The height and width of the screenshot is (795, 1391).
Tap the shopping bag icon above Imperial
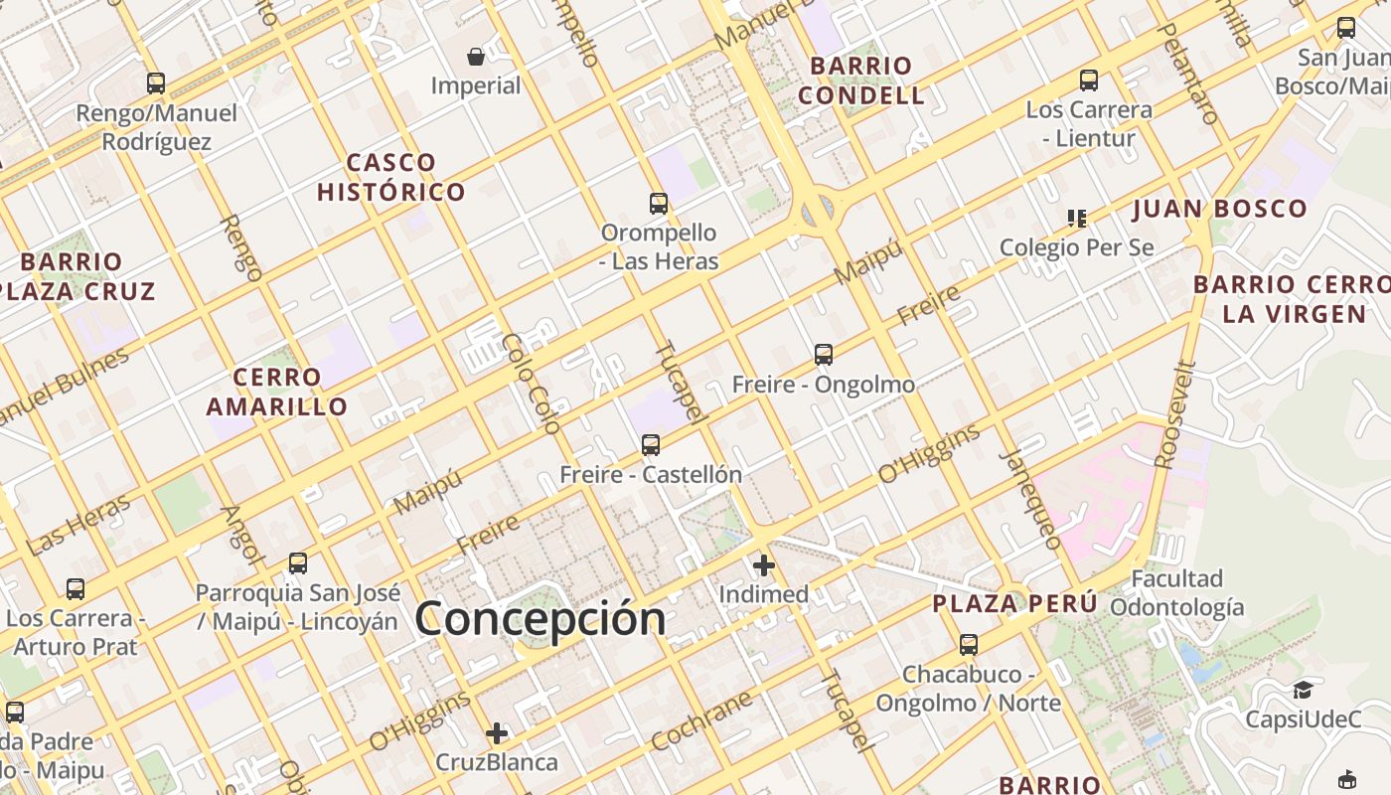(476, 57)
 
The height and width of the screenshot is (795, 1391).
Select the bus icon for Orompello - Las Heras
(658, 204)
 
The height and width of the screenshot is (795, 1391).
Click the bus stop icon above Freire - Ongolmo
(823, 354)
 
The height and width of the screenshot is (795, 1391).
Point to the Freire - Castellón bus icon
(651, 445)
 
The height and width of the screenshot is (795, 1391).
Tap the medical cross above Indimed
(763, 565)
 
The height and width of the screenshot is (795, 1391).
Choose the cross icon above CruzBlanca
(497, 733)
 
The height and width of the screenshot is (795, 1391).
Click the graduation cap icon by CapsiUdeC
(1302, 690)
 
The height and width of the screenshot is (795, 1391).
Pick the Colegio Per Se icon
(1076, 218)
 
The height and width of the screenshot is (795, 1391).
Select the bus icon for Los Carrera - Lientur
(1089, 80)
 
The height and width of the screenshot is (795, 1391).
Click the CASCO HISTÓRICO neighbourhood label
(391, 177)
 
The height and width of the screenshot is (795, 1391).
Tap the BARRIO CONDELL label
(861, 80)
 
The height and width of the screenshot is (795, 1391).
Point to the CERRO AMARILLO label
(277, 392)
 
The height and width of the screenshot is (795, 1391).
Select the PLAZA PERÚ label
(1014, 603)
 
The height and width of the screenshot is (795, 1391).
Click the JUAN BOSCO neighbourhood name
(1220, 209)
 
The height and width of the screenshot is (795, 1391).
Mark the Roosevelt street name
(1174, 414)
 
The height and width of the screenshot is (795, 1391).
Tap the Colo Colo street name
(531, 383)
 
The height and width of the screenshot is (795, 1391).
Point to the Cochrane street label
(701, 721)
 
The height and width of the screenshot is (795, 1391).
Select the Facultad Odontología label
(1177, 592)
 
